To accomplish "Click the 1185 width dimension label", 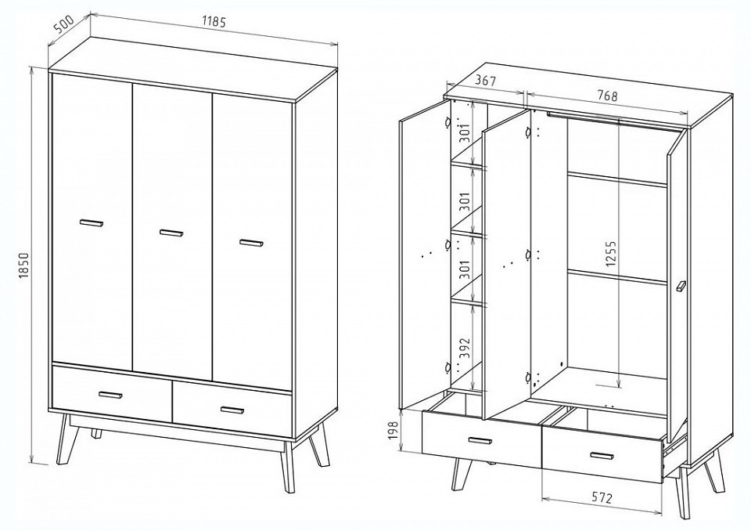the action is coord(214,22).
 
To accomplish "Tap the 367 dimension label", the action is coord(485,81).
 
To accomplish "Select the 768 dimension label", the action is coord(607,96).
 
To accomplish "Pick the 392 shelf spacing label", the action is coord(465,349).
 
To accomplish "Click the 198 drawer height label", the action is coord(393,431).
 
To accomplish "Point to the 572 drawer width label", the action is coord(601,498).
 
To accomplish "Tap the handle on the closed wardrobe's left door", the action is coord(92,222).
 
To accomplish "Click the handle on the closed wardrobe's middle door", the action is coord(171,233).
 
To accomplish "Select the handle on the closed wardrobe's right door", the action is coord(251,243).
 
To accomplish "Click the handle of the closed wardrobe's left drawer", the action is coord(110,395).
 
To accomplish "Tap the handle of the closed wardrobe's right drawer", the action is coord(232,410).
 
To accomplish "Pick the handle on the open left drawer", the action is coord(480,440).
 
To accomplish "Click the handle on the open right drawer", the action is coord(602,455).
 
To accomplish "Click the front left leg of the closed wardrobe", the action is coord(64,438).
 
